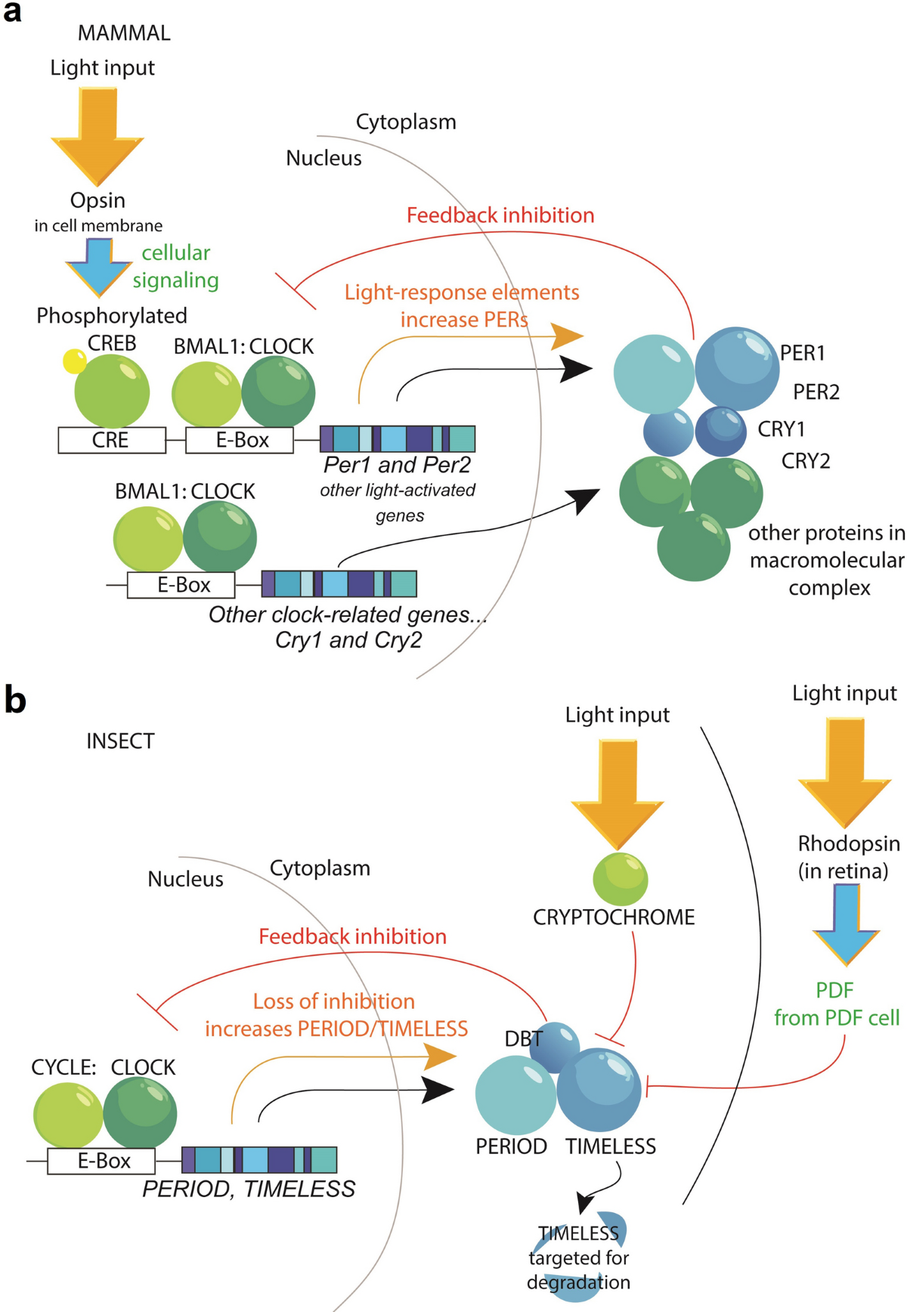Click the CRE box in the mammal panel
(x=111, y=440)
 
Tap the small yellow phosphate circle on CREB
(x=74, y=361)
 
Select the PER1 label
(x=802, y=353)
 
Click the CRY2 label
(x=805, y=461)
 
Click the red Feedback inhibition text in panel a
(x=500, y=215)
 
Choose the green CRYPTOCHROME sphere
(x=620, y=879)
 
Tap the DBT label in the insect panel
(x=523, y=1039)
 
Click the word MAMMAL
(x=124, y=33)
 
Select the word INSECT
(x=120, y=741)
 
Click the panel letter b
(x=14, y=700)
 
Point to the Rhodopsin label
(x=848, y=843)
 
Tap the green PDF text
(x=834, y=990)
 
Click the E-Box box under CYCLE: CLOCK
(x=101, y=1161)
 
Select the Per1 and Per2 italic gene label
(x=397, y=465)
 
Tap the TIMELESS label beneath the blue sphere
(x=610, y=1146)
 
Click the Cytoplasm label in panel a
(x=406, y=122)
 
